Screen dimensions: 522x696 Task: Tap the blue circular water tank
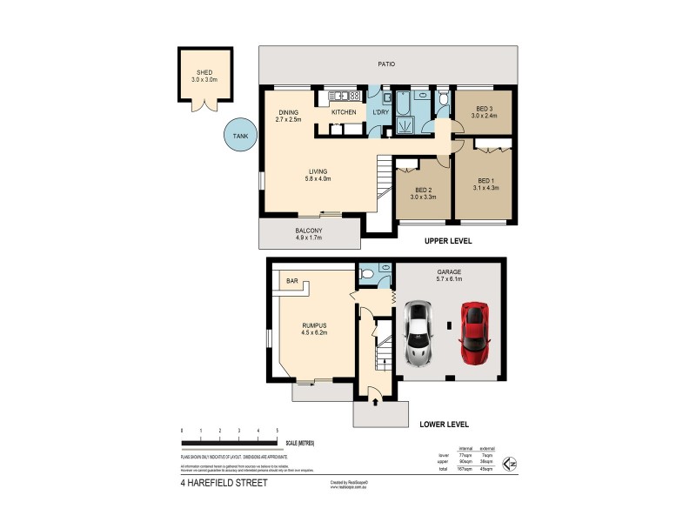235,135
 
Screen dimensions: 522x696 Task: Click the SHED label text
204,73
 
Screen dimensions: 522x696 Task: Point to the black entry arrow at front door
375,402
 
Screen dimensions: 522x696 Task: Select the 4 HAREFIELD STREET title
225,481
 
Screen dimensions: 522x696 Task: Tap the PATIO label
386,64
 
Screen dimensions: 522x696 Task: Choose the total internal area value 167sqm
465,469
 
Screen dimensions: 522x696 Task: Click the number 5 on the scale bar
277,431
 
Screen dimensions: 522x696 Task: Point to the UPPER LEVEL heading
447,240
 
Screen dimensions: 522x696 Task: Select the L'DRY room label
380,113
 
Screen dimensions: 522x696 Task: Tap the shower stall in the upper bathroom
405,127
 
